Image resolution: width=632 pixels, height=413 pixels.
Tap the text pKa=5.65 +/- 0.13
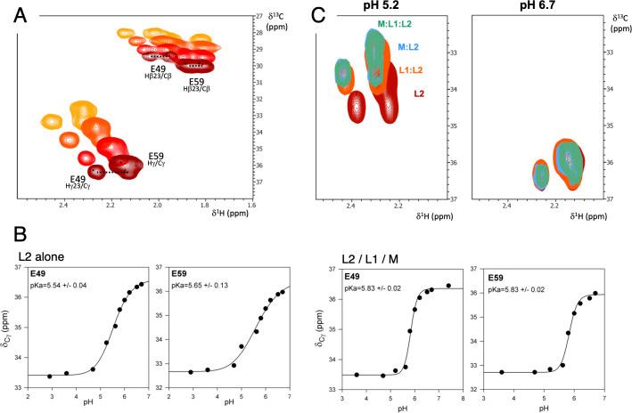coord(207,285)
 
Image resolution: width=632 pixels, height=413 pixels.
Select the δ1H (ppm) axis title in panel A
coord(232,211)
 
